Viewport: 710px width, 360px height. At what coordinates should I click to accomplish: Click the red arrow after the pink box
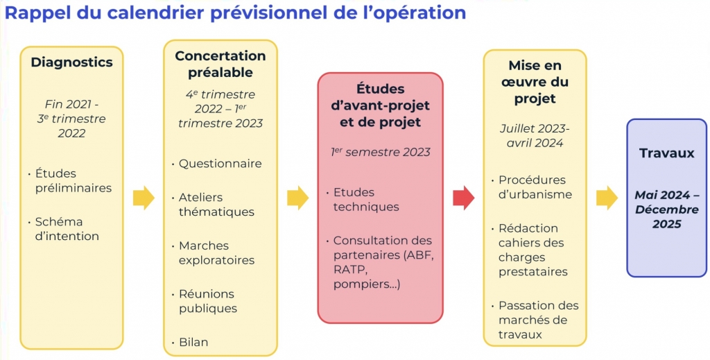pos(464,198)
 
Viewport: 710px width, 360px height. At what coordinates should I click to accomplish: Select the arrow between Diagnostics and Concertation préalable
pos(144,198)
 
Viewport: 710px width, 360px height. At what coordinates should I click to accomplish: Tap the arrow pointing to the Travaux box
pos(607,198)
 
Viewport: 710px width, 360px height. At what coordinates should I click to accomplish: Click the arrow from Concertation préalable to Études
pos(298,198)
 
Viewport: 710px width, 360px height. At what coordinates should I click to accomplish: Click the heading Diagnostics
pos(71,62)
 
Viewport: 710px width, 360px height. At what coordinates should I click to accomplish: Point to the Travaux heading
pos(666,153)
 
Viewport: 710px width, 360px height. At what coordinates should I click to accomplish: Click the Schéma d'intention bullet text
pos(67,229)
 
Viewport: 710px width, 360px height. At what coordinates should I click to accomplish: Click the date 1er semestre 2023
pos(381,152)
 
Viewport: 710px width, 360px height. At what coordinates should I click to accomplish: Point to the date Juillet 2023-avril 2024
pos(535,136)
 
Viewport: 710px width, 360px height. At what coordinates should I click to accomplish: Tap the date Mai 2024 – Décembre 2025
pos(666,209)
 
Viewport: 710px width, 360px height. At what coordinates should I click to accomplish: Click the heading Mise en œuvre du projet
pos(535,82)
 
